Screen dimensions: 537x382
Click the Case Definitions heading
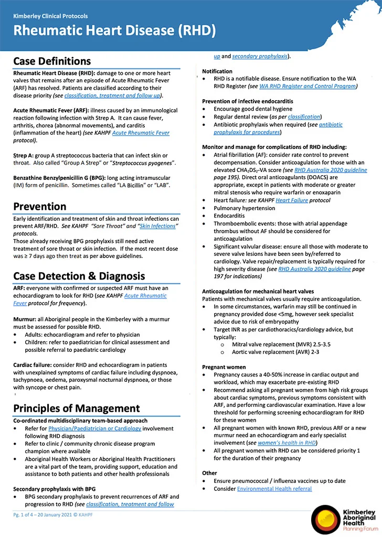point(52,61)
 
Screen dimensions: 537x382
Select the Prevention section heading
point(40,206)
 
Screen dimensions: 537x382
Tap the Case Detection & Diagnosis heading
point(79,276)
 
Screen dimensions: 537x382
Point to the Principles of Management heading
point(77,409)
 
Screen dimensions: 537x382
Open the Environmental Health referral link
point(274,489)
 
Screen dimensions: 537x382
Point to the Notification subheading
point(217,71)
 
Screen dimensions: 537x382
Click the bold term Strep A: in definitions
point(24,156)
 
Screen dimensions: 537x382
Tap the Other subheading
point(209,472)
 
